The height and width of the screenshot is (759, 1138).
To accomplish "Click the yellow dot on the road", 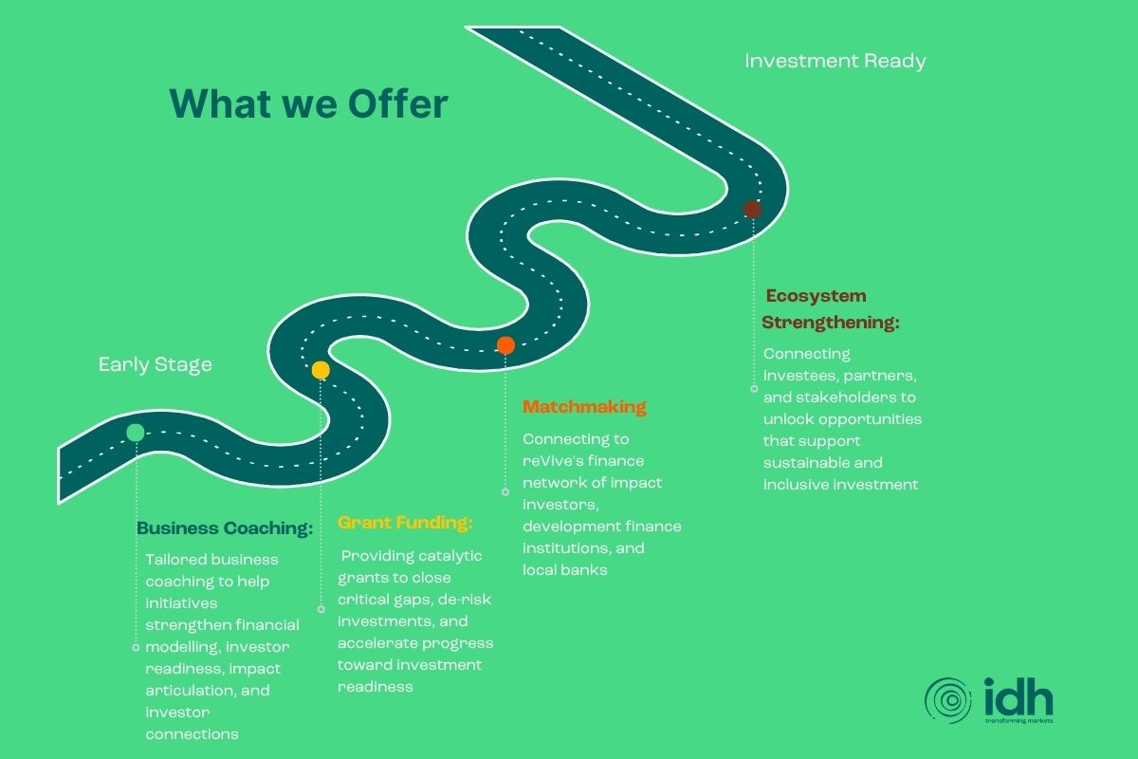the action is [321, 370].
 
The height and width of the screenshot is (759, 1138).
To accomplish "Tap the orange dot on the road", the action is [505, 345].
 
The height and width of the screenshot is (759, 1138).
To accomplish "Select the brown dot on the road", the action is [752, 209].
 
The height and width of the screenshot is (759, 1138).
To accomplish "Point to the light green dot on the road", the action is [136, 433].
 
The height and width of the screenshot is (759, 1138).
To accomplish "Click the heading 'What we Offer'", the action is [309, 103].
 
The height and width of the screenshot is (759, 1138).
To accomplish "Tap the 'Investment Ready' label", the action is [835, 61].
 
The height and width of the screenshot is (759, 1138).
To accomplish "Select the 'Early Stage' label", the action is [155, 364].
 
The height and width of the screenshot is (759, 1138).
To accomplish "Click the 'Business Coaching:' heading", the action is [225, 528].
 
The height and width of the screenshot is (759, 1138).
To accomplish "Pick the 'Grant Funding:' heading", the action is [406, 523].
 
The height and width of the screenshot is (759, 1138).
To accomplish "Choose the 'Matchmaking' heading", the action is [584, 407].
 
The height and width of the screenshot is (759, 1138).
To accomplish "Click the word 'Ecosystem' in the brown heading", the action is [816, 296].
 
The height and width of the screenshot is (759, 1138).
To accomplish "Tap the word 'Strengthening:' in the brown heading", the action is [831, 323].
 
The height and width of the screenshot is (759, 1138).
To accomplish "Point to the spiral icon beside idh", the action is [948, 700].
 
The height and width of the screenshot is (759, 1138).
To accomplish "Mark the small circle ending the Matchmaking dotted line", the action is [505, 492].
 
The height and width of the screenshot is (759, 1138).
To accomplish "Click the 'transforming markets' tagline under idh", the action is [1019, 721].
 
